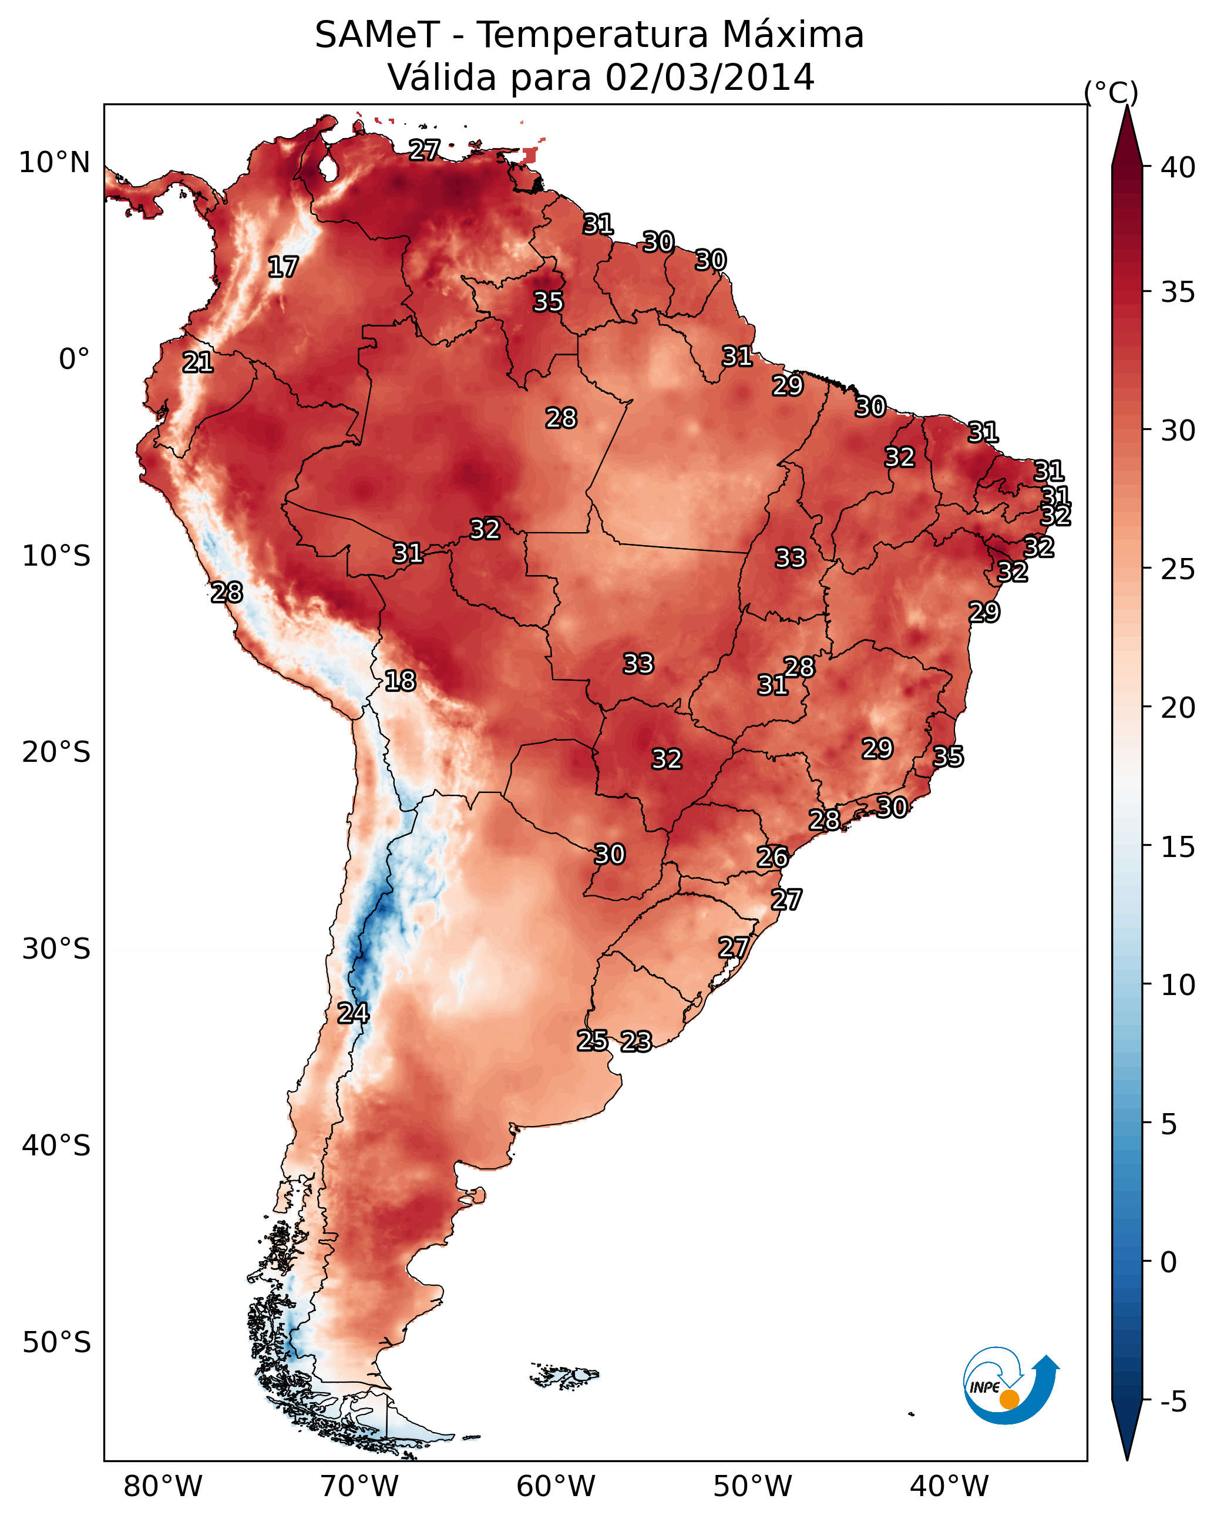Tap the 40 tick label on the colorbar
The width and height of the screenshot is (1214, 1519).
pyautogui.click(x=1178, y=167)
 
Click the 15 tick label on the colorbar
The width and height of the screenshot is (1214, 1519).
pyautogui.click(x=1178, y=847)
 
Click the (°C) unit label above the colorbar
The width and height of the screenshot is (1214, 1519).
pyautogui.click(x=1111, y=92)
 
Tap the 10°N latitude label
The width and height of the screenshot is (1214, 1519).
pyautogui.click(x=54, y=163)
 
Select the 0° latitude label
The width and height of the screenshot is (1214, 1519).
pyautogui.click(x=74, y=359)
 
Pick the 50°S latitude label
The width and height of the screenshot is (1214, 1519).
pyautogui.click(x=56, y=1343)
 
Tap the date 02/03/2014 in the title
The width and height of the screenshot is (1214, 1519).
pyautogui.click(x=709, y=78)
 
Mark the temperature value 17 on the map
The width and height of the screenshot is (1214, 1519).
pyautogui.click(x=283, y=267)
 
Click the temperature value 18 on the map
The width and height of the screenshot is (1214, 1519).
pyautogui.click(x=400, y=681)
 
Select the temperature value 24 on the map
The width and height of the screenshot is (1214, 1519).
pyautogui.click(x=353, y=1013)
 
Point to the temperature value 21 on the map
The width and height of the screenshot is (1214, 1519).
pyautogui.click(x=198, y=363)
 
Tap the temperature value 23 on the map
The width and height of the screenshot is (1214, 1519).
pyautogui.click(x=636, y=1041)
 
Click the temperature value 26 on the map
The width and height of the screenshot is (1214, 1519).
pyautogui.click(x=773, y=858)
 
